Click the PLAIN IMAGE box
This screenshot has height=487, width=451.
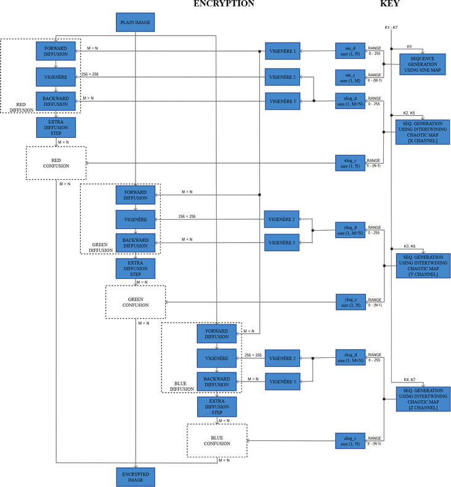134,23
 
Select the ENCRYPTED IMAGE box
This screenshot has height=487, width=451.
134,477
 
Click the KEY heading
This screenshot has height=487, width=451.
389,4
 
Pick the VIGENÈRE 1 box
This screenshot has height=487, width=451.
283,51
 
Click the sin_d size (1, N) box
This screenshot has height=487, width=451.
350,50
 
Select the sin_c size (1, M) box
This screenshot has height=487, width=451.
350,77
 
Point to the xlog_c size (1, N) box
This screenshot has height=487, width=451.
350,163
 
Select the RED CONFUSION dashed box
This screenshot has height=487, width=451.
56,163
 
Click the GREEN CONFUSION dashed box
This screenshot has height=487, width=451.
136,302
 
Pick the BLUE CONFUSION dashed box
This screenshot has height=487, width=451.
217,440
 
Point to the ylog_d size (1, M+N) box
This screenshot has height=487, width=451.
350,230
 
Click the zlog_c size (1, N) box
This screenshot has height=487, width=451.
350,440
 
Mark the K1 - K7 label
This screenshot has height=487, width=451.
391,28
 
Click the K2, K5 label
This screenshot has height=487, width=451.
409,113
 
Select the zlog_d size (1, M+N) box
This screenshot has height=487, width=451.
350,357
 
